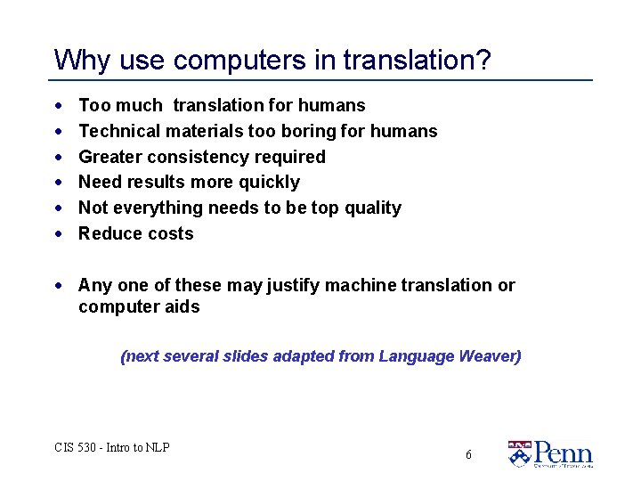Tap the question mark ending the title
tap(483, 61)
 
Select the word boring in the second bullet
tap(308, 132)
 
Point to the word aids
tap(183, 307)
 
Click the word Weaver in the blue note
tap(490, 356)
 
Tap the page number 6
tap(468, 455)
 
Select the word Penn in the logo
tap(563, 451)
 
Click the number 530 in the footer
tap(87, 447)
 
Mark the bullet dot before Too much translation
tap(58, 106)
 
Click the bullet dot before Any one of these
tap(58, 286)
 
